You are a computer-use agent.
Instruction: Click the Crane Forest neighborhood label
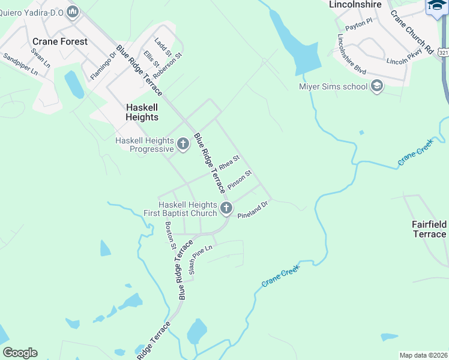click(x=59, y=41)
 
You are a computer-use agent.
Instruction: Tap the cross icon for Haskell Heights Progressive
click(x=183, y=143)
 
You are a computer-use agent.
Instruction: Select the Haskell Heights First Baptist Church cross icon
click(x=226, y=208)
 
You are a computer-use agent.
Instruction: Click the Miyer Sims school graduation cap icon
click(x=377, y=86)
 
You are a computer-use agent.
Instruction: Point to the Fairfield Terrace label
click(x=429, y=229)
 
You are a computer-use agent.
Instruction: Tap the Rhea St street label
click(x=229, y=163)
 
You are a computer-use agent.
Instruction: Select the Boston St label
click(x=169, y=235)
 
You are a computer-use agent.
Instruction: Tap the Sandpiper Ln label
click(x=20, y=64)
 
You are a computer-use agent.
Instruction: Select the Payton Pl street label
click(x=360, y=25)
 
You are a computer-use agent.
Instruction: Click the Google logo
click(x=20, y=353)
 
